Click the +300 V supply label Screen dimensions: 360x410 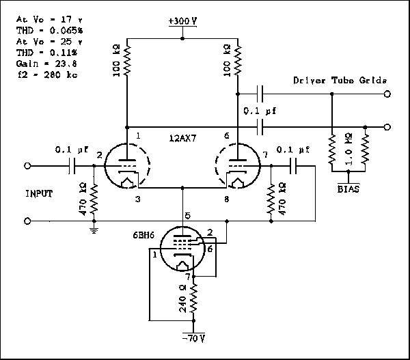tap(182, 21)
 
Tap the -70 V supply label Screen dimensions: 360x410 tap(193, 337)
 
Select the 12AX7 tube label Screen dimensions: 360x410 tap(182, 137)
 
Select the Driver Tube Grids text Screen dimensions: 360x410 tap(340, 81)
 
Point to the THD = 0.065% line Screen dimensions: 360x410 tap(42, 31)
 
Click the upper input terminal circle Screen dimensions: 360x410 tap(28, 165)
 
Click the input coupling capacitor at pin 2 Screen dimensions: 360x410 tap(72, 165)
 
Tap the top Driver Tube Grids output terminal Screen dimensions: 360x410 tap(387, 94)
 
